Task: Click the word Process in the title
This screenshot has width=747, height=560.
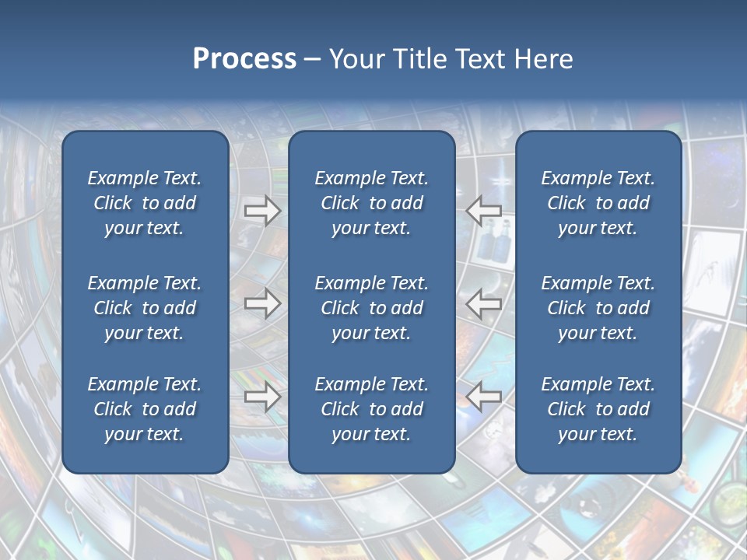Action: [244, 59]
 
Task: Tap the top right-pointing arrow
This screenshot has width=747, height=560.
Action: [262, 211]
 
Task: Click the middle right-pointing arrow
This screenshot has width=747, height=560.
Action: [262, 303]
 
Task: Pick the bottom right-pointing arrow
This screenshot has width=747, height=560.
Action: [262, 397]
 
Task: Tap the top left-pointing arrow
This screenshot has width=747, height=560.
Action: [484, 211]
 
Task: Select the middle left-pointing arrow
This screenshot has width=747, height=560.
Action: [484, 303]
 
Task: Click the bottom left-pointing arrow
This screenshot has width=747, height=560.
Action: [484, 397]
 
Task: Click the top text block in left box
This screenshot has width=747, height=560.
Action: [145, 203]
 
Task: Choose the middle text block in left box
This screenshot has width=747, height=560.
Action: [145, 308]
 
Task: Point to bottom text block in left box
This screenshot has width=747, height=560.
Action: [145, 409]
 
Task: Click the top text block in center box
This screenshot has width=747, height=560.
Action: [371, 203]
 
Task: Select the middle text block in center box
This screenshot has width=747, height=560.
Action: [371, 308]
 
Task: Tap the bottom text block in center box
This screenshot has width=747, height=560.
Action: [371, 409]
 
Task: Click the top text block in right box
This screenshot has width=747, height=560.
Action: [598, 203]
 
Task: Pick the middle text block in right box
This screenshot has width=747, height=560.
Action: [598, 308]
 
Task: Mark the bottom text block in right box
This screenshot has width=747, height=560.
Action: [598, 409]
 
